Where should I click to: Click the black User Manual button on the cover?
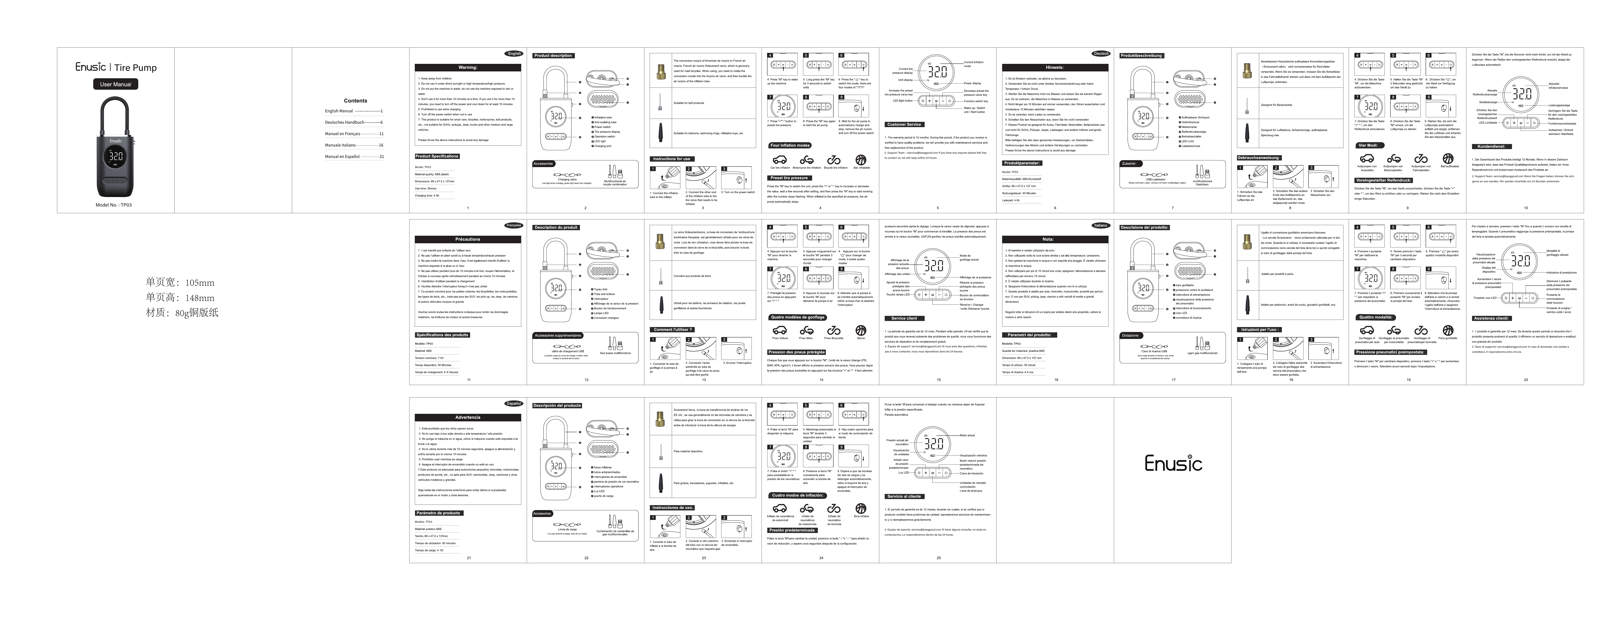click(116, 84)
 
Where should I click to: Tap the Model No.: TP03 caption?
click(114, 205)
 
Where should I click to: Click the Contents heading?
click(355, 101)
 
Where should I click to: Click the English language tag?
click(514, 53)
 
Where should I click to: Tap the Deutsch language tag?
click(1101, 53)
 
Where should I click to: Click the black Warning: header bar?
click(468, 67)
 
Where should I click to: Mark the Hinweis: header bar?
click(1055, 67)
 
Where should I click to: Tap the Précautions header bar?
click(468, 239)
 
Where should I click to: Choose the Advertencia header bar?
click(468, 417)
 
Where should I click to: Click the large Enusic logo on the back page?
click(1173, 464)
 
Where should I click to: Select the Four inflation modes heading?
click(790, 145)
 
